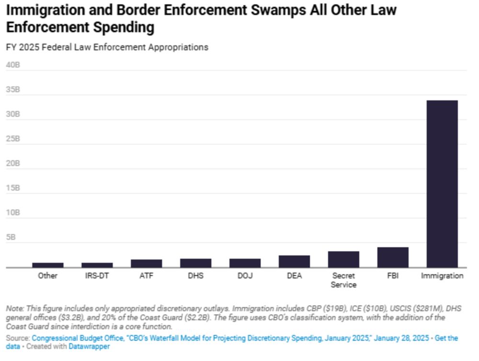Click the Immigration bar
(442, 184)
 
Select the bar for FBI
(393, 257)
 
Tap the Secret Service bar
(343, 259)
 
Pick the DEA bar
(294, 261)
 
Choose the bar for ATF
(147, 263)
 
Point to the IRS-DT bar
(97, 265)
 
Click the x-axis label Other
(48, 276)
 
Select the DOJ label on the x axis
(245, 276)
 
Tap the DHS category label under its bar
(196, 276)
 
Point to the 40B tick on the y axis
(13, 65)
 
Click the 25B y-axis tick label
(13, 139)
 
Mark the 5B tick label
(11, 237)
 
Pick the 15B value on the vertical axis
(13, 188)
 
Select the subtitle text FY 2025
(20, 47)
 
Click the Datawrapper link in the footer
(89, 346)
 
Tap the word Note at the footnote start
(14, 308)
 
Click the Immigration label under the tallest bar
(442, 276)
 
